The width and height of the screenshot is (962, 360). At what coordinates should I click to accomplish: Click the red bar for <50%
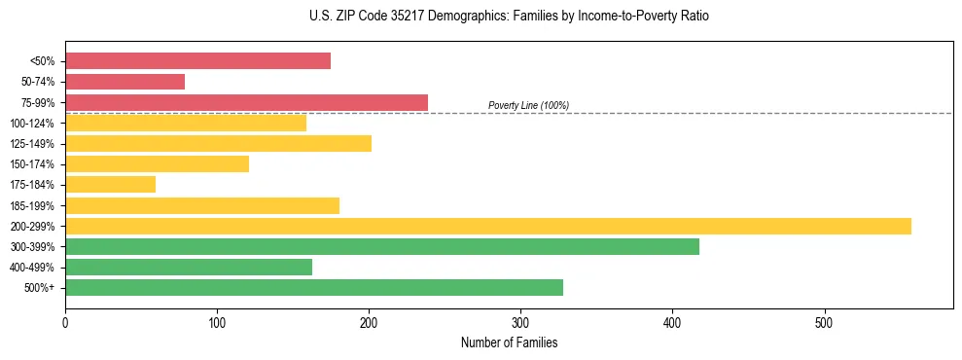click(x=197, y=61)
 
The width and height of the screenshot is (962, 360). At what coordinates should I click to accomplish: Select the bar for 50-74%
click(x=125, y=82)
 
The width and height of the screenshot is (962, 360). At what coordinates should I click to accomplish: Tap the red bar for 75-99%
click(x=246, y=102)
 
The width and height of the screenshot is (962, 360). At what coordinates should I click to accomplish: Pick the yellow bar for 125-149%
click(x=218, y=144)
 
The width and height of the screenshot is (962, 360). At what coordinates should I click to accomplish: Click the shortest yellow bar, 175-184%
click(x=110, y=185)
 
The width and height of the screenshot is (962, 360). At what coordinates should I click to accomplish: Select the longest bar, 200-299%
click(x=488, y=227)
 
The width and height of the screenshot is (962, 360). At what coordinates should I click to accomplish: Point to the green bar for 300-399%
click(x=382, y=247)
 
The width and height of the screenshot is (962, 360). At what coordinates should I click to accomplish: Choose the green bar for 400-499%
click(x=189, y=268)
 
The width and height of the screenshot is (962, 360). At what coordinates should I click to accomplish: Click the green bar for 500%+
click(x=314, y=288)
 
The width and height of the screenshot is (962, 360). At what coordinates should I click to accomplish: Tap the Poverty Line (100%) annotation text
click(x=528, y=105)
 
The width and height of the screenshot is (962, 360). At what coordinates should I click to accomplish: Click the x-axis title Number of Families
click(x=509, y=342)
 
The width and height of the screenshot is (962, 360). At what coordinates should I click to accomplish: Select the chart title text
click(x=481, y=17)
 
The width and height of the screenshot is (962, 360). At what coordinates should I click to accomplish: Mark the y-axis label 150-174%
click(x=32, y=164)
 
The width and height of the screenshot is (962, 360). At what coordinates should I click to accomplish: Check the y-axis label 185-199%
click(x=32, y=206)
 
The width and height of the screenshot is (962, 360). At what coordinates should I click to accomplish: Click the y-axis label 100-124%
click(x=32, y=124)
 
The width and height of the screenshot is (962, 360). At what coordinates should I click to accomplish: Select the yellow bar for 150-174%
click(x=157, y=164)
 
